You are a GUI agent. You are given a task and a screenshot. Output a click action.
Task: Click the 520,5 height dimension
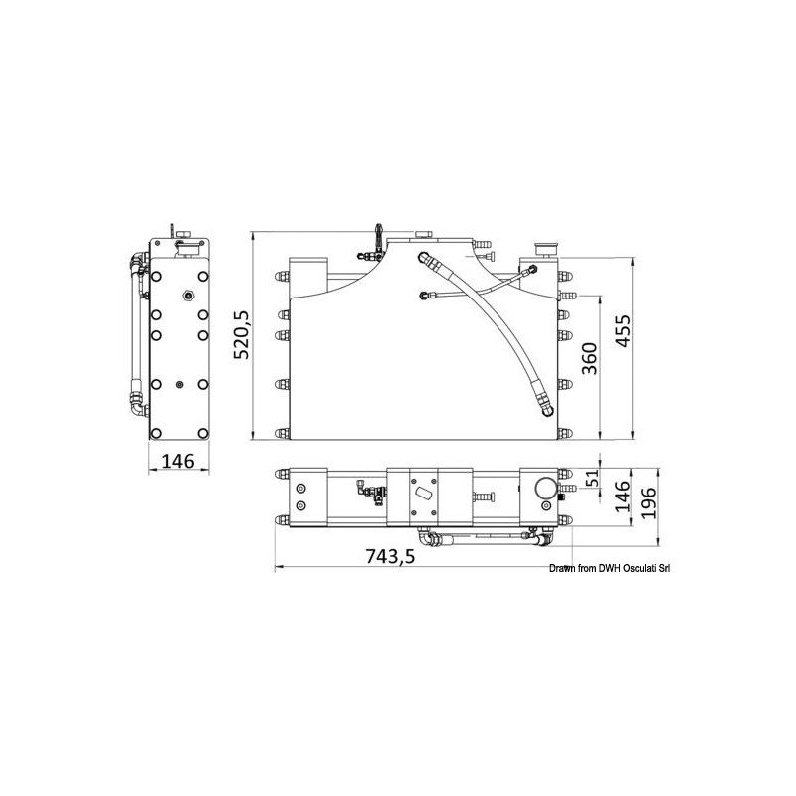click(x=238, y=335)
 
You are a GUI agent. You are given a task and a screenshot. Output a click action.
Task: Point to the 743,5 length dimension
click(x=389, y=557)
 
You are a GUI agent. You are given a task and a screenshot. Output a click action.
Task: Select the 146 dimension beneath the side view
click(x=176, y=461)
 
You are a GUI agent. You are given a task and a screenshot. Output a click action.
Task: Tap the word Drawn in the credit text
click(x=562, y=568)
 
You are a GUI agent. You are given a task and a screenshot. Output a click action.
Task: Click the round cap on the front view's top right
click(x=546, y=244)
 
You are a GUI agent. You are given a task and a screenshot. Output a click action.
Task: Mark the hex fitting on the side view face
click(x=186, y=296)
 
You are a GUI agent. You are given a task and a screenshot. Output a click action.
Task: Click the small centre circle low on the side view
click(x=178, y=386)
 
